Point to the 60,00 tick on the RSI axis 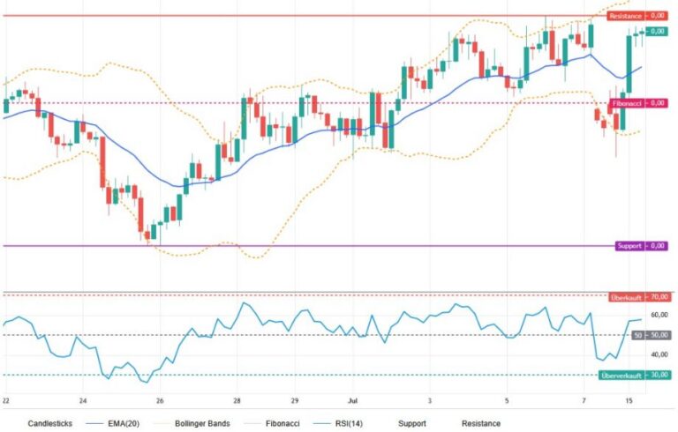point(659,315)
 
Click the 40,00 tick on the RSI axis point(659,354)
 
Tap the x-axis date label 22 point(5,401)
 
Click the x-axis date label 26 point(160,401)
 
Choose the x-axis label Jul point(353,401)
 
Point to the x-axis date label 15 point(629,401)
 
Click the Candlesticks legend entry point(49,423)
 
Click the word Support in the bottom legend point(412,423)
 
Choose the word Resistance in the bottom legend point(481,423)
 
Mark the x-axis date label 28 point(237,401)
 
